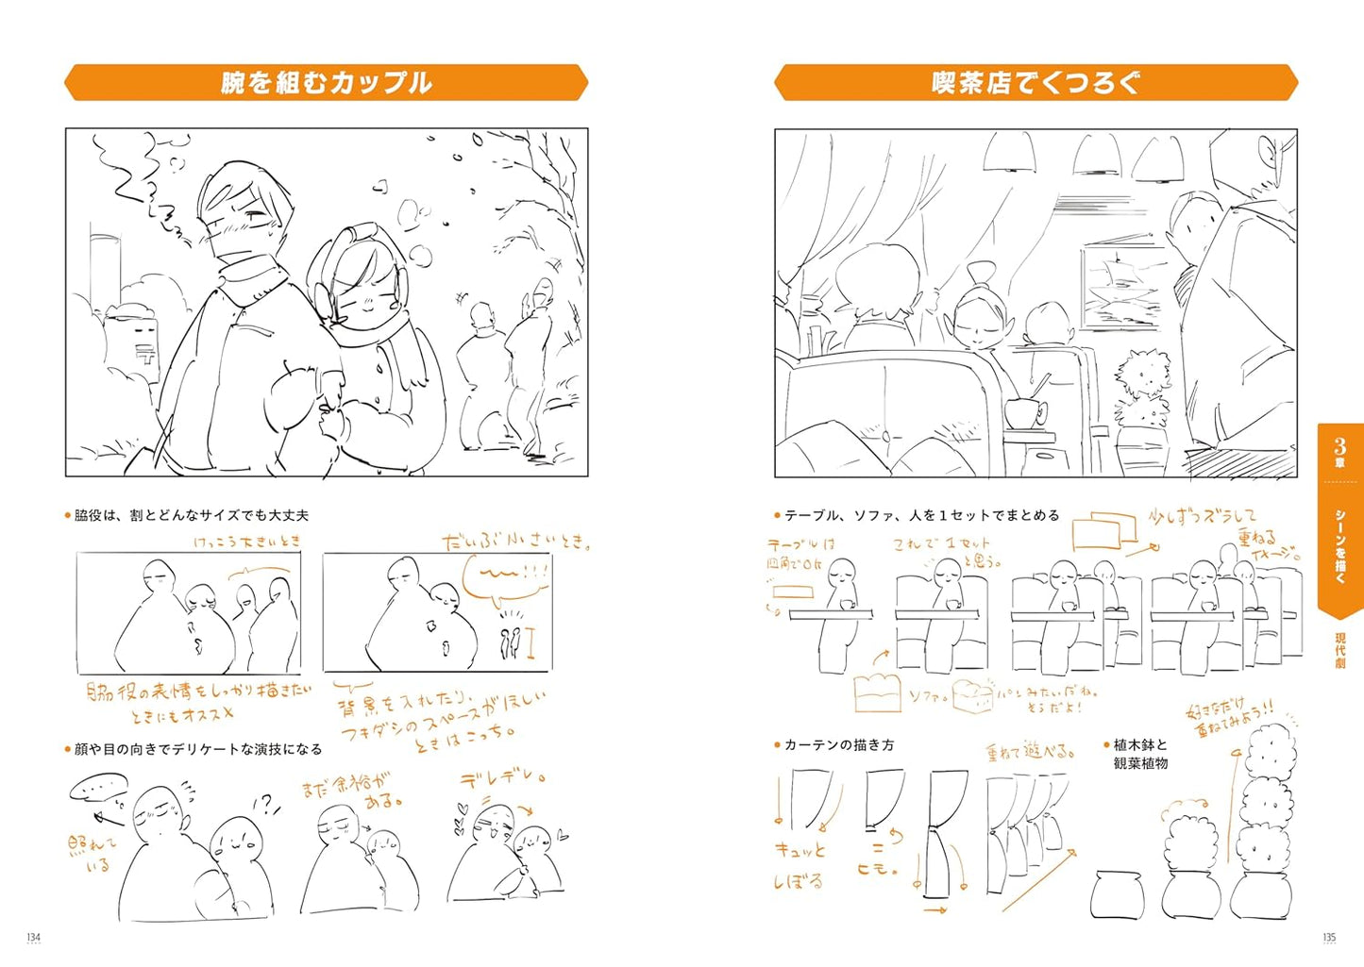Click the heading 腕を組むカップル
click(326, 83)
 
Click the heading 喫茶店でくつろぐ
click(1036, 83)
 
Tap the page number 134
click(33, 937)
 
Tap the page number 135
click(1328, 937)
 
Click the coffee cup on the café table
click(1024, 411)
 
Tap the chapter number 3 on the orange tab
click(1339, 446)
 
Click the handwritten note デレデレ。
click(503, 779)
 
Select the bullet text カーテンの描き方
click(838, 745)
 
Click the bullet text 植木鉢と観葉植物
click(1140, 754)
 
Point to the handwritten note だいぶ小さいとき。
click(517, 542)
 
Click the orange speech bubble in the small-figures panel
click(505, 579)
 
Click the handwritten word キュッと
click(800, 850)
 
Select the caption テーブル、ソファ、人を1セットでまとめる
click(921, 515)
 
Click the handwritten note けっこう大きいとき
click(246, 542)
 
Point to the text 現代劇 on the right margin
click(1339, 651)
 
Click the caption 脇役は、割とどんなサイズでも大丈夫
click(191, 515)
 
